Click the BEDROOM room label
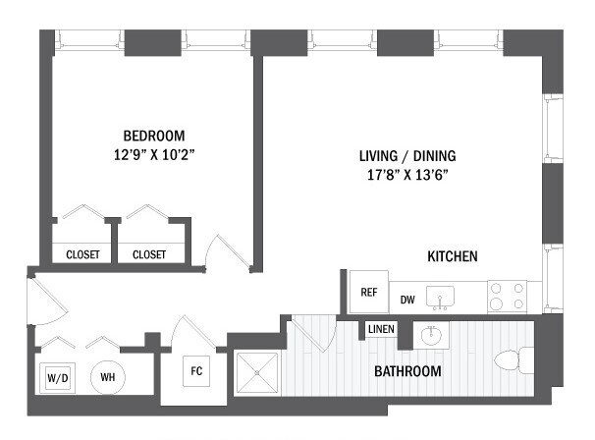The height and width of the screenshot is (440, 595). pos(153,136)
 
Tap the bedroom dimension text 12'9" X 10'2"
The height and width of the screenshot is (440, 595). pos(153,153)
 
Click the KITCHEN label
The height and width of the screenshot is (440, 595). pos(452,256)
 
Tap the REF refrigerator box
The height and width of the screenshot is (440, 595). pos(369,292)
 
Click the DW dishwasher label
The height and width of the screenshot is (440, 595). pos(407,300)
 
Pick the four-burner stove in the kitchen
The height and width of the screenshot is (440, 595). pos(507,297)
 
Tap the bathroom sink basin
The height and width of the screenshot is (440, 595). pos(431,336)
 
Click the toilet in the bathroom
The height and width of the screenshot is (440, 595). pos(511,362)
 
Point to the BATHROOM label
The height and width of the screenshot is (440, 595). pos(407,371)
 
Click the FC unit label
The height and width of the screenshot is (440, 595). pos(195,372)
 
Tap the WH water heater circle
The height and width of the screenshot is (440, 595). pos(107,376)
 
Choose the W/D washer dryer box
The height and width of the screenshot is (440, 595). pos(55,377)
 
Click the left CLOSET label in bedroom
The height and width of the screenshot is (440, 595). pos(82,254)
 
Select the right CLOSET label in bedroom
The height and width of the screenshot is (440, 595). pos(149,254)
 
